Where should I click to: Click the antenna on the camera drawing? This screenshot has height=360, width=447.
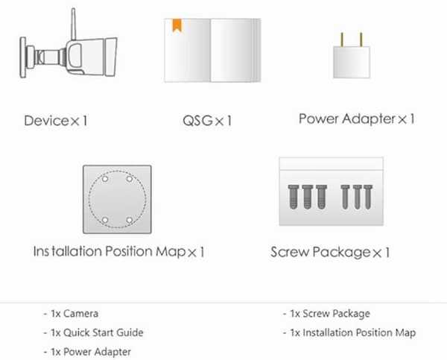[73, 25]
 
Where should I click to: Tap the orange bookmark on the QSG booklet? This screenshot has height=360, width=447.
[177, 25]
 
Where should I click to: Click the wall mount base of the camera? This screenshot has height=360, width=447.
[23, 57]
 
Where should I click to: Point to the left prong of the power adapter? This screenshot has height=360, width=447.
[342, 40]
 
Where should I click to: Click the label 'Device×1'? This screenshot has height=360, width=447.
[56, 121]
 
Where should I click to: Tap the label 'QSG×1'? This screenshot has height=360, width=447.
[207, 121]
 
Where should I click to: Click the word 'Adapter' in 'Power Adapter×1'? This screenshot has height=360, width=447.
[369, 119]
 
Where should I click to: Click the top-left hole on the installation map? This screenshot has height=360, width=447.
[105, 179]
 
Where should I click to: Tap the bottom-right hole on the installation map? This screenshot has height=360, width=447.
[130, 220]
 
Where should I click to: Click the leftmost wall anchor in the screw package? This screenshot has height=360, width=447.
[294, 197]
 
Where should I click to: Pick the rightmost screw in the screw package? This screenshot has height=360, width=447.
[368, 197]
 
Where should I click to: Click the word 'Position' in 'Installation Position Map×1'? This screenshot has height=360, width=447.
[129, 252]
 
